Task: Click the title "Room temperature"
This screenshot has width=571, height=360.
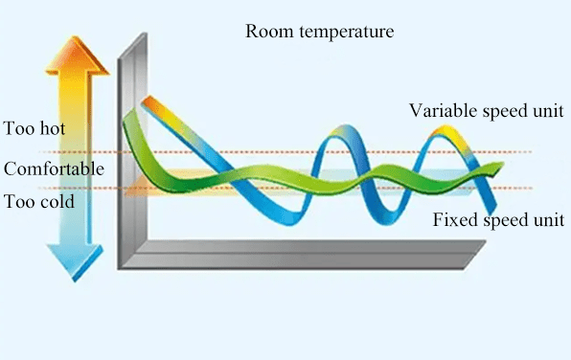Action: pyautogui.click(x=319, y=32)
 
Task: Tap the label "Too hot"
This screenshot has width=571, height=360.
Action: pyautogui.click(x=35, y=128)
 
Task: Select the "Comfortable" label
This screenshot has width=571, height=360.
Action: pyautogui.click(x=53, y=169)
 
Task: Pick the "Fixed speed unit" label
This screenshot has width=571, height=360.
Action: pyautogui.click(x=498, y=220)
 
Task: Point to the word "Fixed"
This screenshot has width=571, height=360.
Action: pyautogui.click(x=451, y=220)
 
